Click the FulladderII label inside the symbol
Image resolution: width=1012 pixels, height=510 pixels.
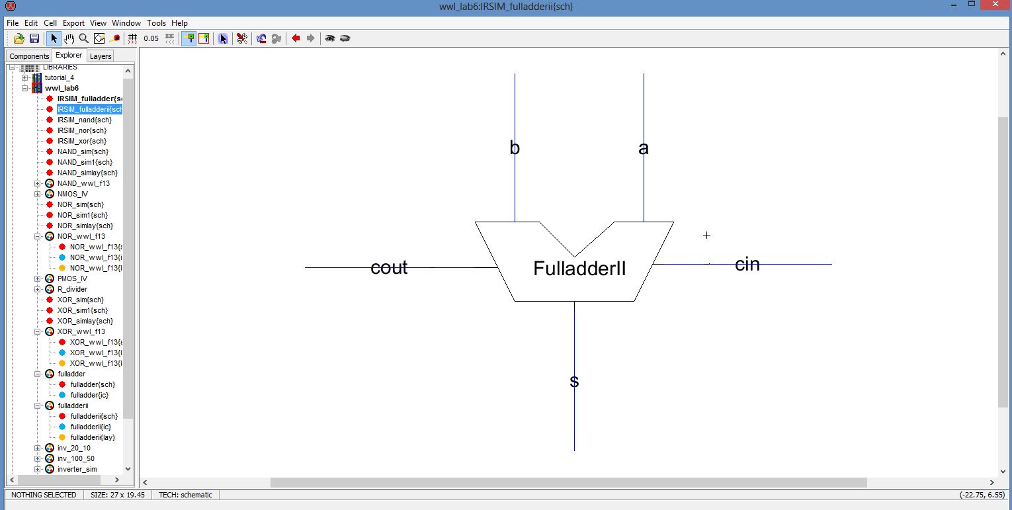[x=579, y=269]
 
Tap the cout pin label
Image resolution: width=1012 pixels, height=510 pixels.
[x=389, y=267]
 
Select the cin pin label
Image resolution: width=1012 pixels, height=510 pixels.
[x=747, y=264]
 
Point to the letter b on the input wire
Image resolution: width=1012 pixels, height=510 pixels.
[x=515, y=148]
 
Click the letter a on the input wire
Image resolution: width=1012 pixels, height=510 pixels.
[x=644, y=148]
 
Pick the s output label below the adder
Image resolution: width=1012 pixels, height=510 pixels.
[x=574, y=381]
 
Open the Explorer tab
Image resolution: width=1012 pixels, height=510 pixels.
[x=69, y=56]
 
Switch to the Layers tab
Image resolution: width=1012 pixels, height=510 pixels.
[x=101, y=56]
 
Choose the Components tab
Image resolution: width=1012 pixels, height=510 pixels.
[x=29, y=56]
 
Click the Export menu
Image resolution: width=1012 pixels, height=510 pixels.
[x=73, y=23]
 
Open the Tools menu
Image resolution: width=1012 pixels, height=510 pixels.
[x=157, y=23]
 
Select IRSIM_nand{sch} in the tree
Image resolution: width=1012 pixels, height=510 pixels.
[x=85, y=120]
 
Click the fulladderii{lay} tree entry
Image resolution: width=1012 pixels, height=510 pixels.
[x=94, y=437]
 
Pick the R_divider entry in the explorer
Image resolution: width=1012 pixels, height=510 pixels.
[x=72, y=289]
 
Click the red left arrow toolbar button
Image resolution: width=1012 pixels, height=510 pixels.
[x=296, y=38]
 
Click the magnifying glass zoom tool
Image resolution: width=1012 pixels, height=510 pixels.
[x=84, y=38]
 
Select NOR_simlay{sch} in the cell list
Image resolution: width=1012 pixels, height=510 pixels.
[x=85, y=226]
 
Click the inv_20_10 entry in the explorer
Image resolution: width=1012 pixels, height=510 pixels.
[x=74, y=448]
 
